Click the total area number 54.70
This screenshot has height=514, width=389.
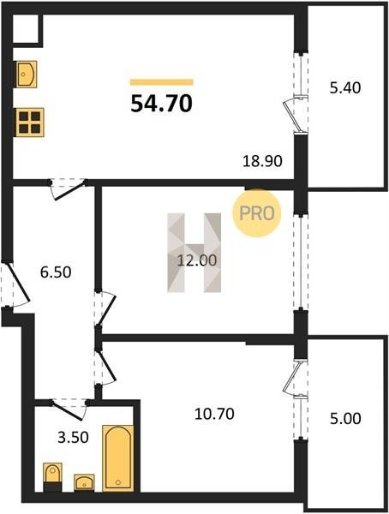pyautogui.click(x=161, y=104)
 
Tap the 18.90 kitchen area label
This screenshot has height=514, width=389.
pyautogui.click(x=262, y=161)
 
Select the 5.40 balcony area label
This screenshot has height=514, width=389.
pyautogui.click(x=345, y=88)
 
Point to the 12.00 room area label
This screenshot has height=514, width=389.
pyautogui.click(x=197, y=260)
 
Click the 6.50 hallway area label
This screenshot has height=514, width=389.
pyautogui.click(x=56, y=272)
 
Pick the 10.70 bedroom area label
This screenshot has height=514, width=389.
pyautogui.click(x=214, y=414)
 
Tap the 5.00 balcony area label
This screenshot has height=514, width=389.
pyautogui.click(x=345, y=418)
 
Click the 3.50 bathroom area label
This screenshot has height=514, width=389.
pyautogui.click(x=73, y=437)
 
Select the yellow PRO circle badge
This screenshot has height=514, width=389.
pyautogui.click(x=257, y=213)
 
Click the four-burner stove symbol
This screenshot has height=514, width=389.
pyautogui.click(x=29, y=123)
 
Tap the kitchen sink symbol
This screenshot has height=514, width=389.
pyautogui.click(x=26, y=74)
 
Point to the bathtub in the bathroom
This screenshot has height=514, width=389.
pyautogui.click(x=118, y=458)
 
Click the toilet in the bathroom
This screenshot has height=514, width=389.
pyautogui.click(x=52, y=477)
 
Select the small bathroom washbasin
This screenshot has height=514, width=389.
pyautogui.click(x=84, y=482)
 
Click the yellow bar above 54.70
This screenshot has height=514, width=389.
pyautogui.click(x=162, y=82)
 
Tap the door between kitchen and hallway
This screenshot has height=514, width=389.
pyautogui.click(x=69, y=189)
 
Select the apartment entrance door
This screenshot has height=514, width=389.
pyautogui.click(x=16, y=284)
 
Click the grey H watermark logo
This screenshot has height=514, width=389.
pyautogui.click(x=194, y=253)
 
